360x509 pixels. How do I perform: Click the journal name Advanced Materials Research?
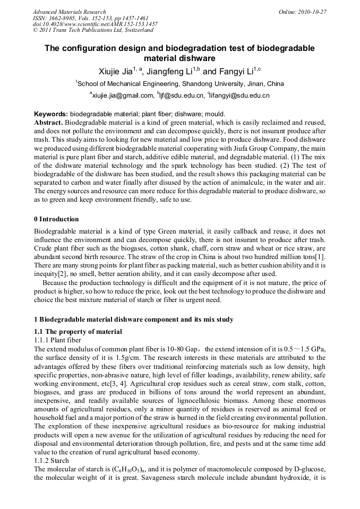click(x=69, y=12)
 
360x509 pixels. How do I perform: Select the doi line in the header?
click(x=95, y=24)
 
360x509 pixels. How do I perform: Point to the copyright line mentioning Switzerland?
click(x=93, y=31)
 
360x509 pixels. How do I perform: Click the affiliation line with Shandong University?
click(x=180, y=84)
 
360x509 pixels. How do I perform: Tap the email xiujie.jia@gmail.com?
click(x=122, y=96)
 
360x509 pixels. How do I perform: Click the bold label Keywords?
click(x=51, y=114)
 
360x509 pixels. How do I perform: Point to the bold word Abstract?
click(x=48, y=122)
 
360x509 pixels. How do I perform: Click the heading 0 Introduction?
click(x=56, y=219)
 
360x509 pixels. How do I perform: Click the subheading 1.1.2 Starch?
click(x=52, y=461)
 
